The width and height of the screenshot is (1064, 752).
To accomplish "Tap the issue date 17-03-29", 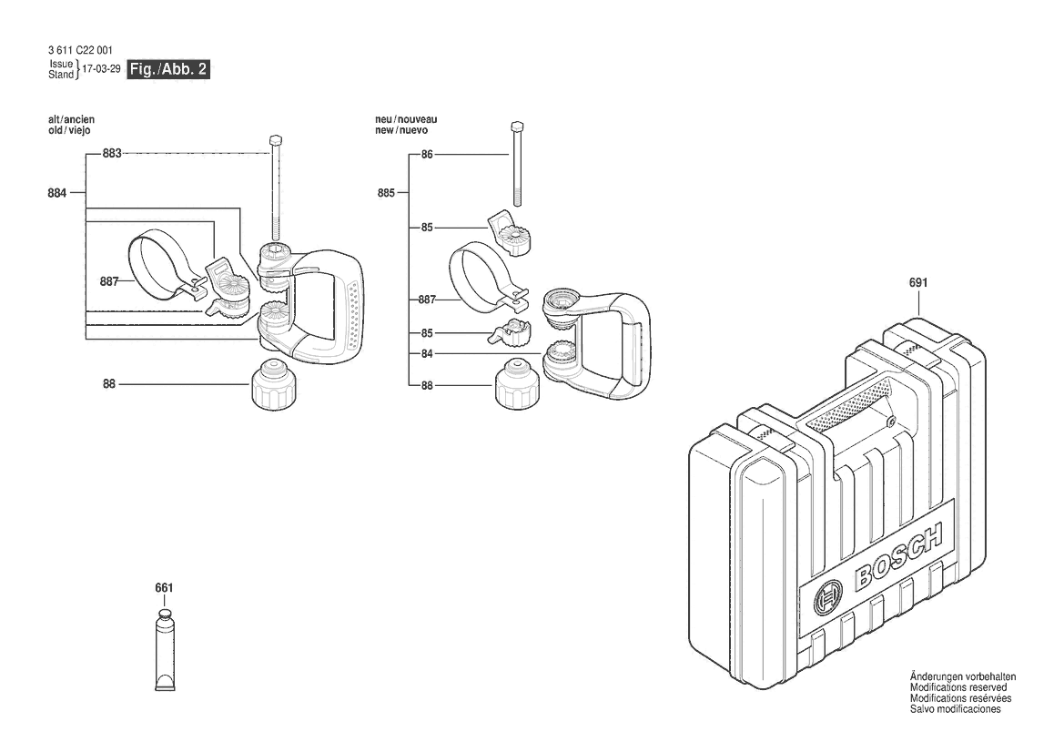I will (101, 69).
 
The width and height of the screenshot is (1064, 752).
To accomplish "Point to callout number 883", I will (111, 154).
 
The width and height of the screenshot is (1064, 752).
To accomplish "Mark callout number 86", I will (427, 155).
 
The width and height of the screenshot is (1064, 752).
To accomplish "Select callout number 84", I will (427, 352).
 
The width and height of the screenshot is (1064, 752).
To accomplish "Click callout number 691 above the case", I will (918, 282).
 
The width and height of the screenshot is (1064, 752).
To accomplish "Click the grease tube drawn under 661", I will (164, 654).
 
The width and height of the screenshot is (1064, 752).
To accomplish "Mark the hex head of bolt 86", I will (516, 127).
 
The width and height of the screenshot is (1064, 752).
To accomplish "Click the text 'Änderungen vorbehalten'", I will (963, 677).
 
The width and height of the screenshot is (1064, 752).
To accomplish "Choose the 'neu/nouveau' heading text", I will (406, 119).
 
